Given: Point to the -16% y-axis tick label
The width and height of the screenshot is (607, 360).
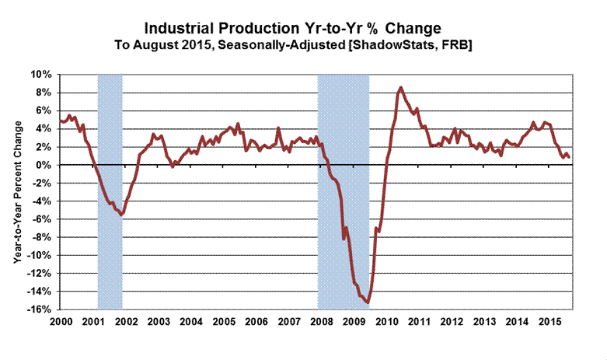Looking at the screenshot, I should pos(40,309).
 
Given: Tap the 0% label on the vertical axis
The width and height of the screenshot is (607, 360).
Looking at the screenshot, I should pos(45,166).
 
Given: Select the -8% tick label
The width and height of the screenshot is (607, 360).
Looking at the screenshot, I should pos(43,237).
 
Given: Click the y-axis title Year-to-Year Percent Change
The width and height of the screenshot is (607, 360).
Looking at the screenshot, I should pos(16,191).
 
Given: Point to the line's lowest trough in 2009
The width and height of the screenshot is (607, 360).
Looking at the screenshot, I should pos(368,304).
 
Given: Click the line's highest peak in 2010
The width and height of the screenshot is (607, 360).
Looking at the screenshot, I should pos(400,87).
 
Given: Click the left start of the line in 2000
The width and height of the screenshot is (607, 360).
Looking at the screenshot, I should pos(60,121).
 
